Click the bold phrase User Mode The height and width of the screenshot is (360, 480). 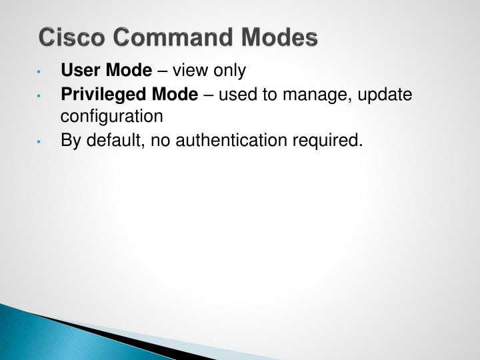(107, 70)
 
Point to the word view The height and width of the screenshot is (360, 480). (189, 70)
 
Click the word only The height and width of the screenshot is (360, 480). (229, 70)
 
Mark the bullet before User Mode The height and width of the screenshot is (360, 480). (41, 71)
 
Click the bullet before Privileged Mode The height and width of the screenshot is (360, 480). (41, 95)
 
